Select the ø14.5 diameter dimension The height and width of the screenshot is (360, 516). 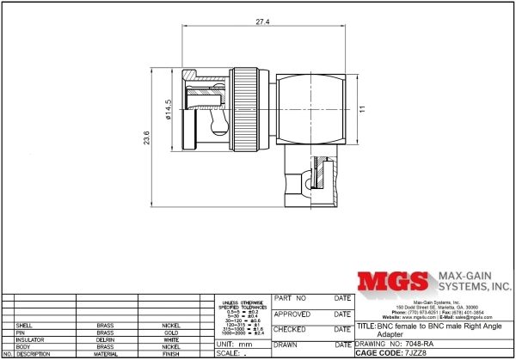[169, 109]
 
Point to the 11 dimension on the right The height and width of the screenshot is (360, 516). [363, 109]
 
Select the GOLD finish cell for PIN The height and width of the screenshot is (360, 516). [171, 333]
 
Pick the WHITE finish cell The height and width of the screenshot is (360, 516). [171, 339]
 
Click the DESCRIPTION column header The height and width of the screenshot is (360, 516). [35, 353]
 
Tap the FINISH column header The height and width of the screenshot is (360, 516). [171, 353]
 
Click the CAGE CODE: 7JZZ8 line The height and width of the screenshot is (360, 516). [391, 352]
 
